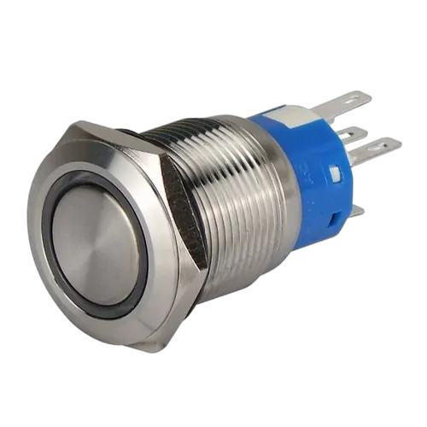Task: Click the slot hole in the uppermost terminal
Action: tap(357, 102)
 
